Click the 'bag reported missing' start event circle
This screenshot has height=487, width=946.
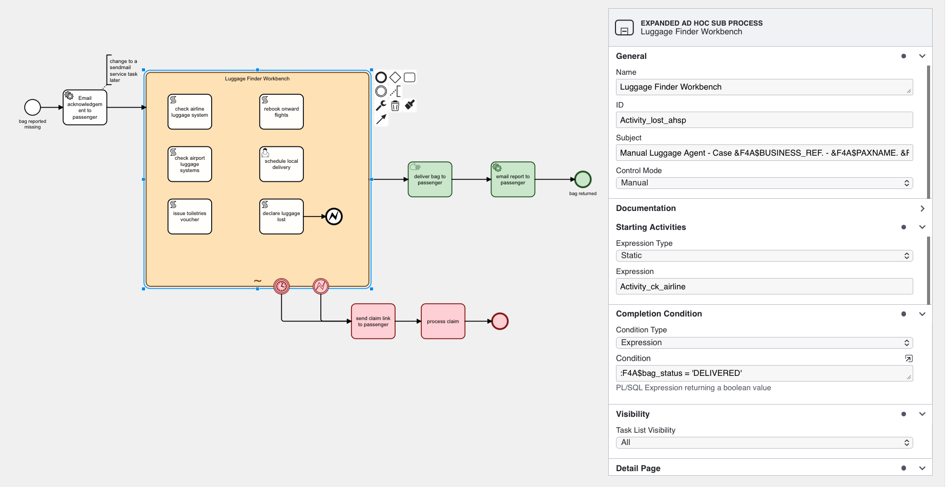tap(32, 107)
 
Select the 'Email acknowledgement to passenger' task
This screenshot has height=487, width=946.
tap(85, 108)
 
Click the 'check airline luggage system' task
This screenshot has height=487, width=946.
tap(190, 112)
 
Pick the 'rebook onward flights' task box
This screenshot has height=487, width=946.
tap(281, 112)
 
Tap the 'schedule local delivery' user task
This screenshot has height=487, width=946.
tap(281, 164)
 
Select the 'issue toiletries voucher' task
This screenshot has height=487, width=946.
tap(190, 217)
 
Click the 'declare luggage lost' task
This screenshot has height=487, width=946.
tap(281, 217)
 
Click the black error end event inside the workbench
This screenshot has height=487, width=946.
tap(334, 217)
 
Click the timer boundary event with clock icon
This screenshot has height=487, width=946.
tap(281, 286)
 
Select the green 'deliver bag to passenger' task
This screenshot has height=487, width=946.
tap(429, 180)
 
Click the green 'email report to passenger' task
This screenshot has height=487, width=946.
tap(512, 180)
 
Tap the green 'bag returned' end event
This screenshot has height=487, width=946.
tap(583, 180)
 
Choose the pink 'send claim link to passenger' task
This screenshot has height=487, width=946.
tap(373, 322)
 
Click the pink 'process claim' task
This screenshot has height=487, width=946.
tap(443, 322)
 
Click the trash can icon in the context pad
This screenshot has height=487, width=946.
tap(395, 106)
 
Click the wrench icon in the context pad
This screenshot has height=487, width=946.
tap(381, 105)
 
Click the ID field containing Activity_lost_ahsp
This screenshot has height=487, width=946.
tap(764, 120)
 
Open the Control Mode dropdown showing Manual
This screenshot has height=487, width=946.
tap(764, 183)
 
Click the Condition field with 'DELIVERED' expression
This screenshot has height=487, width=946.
tap(764, 373)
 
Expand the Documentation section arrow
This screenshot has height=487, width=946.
tap(922, 208)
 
